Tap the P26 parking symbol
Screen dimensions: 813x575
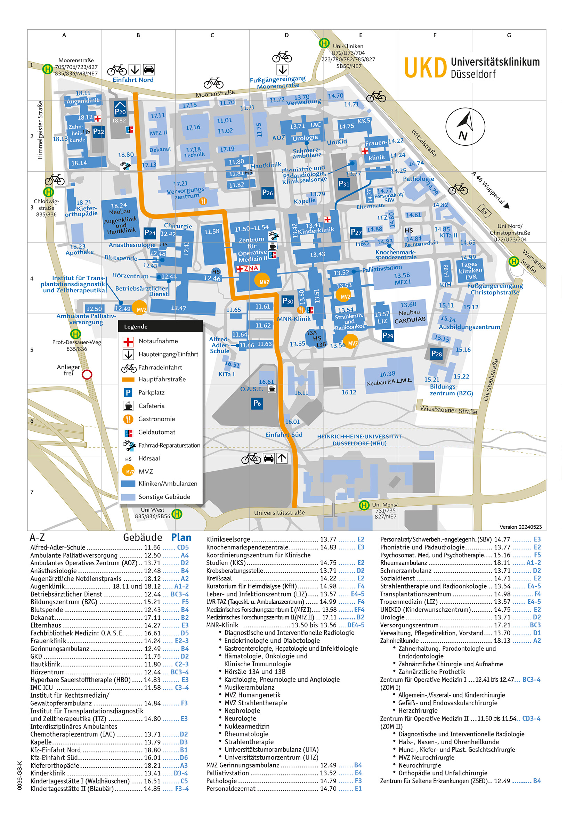click(267, 193)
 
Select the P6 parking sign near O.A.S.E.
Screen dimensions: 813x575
click(257, 403)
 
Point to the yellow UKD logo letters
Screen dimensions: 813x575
click(425, 68)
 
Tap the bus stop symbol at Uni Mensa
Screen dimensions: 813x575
click(364, 505)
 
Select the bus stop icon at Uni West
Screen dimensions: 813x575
click(177, 514)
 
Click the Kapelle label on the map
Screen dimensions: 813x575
click(305, 201)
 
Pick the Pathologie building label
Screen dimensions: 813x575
click(418, 179)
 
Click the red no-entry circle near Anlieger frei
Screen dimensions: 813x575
click(87, 375)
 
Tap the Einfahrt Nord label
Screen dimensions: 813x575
click(133, 80)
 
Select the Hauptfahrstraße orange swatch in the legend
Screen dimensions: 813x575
click(128, 380)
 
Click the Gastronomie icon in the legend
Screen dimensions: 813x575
click(128, 419)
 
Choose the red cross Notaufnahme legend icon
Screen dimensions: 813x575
click(128, 342)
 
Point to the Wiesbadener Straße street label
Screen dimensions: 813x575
click(448, 410)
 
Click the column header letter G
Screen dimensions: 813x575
click(509, 35)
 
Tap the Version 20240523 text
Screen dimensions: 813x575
click(520, 527)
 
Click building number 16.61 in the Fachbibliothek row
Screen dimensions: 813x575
click(152, 633)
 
